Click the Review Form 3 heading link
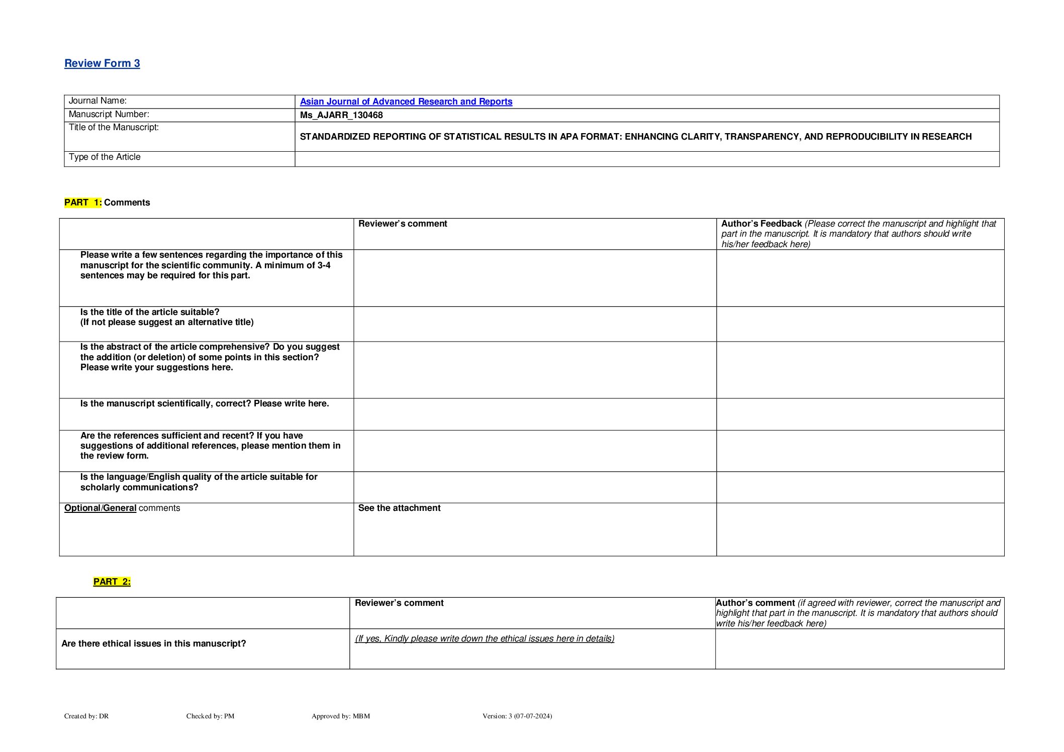click(102, 63)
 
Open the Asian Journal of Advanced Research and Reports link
click(406, 101)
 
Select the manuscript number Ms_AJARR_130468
click(341, 115)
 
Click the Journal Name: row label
click(98, 101)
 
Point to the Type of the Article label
click(105, 157)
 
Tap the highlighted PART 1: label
click(83, 202)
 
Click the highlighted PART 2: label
click(112, 582)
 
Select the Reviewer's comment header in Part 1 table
click(402, 224)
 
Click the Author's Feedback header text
click(761, 224)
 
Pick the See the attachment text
click(399, 508)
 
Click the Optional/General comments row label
click(122, 508)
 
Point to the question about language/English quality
click(199, 482)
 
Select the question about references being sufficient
click(210, 446)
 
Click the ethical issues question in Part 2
click(154, 643)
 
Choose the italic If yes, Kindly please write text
click(485, 638)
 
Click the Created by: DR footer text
click(86, 716)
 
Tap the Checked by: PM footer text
click(210, 716)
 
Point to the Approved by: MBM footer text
click(340, 716)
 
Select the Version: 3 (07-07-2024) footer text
click(517, 716)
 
